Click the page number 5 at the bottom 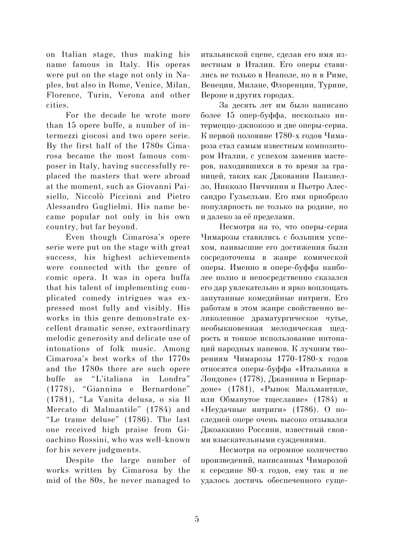pos(197,519)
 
